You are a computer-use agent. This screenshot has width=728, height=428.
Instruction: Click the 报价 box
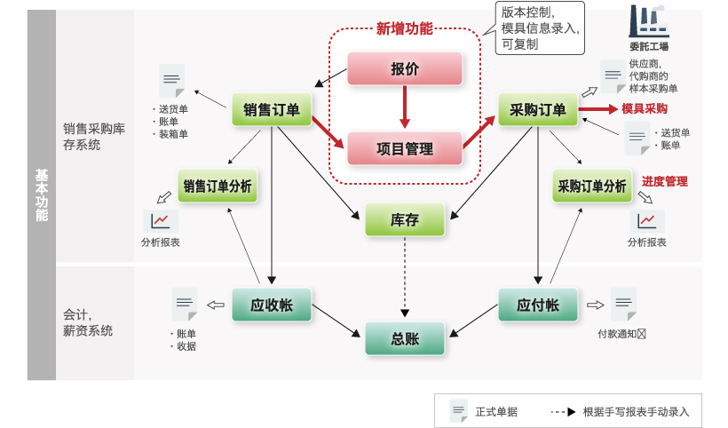click(x=405, y=68)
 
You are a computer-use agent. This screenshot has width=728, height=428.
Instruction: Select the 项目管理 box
click(x=405, y=148)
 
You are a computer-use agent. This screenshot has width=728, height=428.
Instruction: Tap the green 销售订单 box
click(x=272, y=109)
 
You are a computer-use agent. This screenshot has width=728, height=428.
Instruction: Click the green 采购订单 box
click(x=538, y=109)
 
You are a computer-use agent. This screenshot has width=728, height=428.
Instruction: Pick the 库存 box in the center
click(x=405, y=219)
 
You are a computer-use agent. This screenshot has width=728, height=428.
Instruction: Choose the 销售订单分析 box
click(x=218, y=186)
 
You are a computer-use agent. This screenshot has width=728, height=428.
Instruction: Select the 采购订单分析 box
click(x=592, y=186)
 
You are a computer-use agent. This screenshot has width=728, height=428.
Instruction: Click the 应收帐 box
click(x=272, y=305)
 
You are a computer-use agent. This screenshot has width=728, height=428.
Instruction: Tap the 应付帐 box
click(x=538, y=305)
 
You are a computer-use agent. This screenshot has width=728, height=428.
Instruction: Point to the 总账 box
click(x=405, y=338)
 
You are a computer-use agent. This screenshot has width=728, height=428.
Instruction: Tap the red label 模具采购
click(x=645, y=108)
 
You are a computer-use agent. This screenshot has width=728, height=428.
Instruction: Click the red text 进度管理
click(x=665, y=181)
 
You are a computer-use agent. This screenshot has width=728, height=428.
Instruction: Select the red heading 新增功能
click(x=405, y=28)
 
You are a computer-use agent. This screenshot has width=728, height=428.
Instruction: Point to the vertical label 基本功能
click(x=42, y=195)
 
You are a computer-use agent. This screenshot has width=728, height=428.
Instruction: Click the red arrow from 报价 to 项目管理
click(x=405, y=108)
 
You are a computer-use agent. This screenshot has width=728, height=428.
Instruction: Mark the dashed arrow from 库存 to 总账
click(x=405, y=275)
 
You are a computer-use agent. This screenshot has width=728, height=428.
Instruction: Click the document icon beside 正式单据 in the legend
click(x=458, y=411)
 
